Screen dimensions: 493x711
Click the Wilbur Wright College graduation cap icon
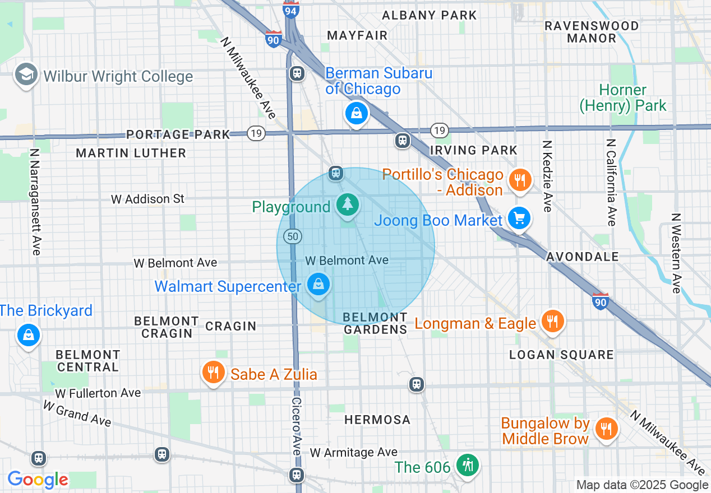26,75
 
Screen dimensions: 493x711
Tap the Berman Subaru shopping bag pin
356,114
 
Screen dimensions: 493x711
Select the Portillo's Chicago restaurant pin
520,180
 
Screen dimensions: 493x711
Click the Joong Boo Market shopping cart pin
519,218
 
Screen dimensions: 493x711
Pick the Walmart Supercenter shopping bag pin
318,284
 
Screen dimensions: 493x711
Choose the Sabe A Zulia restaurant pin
213,372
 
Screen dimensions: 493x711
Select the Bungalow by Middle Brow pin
606,429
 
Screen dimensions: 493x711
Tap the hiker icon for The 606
467,465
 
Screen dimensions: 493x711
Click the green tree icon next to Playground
348,204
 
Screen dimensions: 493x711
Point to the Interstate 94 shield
290,9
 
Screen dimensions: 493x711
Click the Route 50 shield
292,236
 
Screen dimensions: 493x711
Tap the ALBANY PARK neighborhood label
429,15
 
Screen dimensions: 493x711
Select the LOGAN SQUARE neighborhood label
561,355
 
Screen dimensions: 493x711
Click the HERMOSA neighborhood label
377,420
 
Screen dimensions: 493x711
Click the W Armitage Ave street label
354,452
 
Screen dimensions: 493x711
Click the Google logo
38,480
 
